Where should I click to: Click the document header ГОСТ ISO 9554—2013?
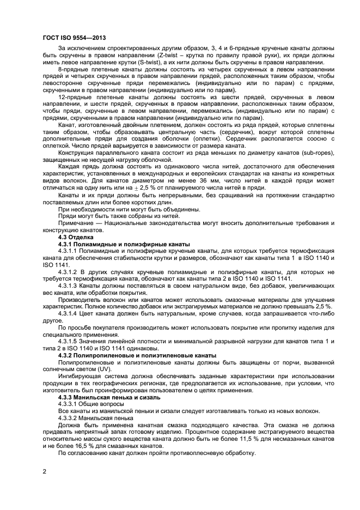(74, 38)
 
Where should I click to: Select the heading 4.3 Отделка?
(76, 238)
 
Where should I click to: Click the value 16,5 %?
(81, 446)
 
